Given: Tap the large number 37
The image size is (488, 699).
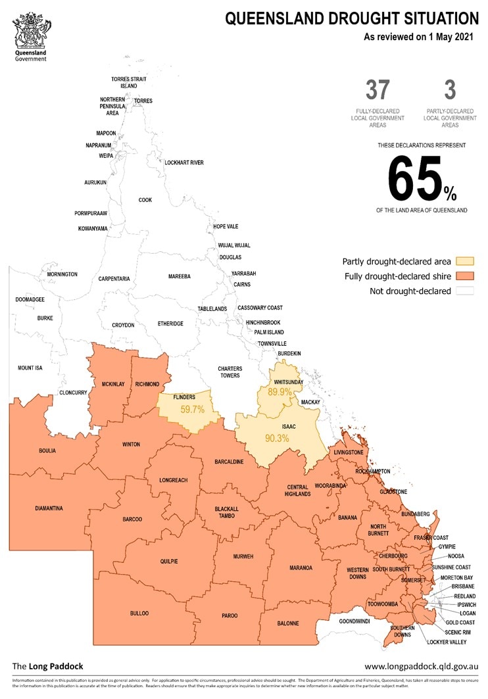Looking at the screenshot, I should coord(378,89).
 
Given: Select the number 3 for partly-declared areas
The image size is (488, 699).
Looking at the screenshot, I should coord(450,89).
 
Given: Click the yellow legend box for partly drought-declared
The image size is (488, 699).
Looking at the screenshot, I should coord(464,260).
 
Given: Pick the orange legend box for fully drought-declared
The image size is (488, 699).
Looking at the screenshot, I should coord(464,276).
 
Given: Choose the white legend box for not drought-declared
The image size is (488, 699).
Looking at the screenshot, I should coord(464,291).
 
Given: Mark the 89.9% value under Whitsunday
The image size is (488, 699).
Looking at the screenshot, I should coord(280,392).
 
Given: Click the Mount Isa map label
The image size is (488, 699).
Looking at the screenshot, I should coord(30,368).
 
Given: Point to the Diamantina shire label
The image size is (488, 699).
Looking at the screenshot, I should coord(49,508).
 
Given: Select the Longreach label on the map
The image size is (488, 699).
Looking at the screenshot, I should coord(173,481).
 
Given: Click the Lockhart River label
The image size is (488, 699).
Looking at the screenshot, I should coord(183,162).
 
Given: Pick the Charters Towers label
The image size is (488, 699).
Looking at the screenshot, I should coord(230,372).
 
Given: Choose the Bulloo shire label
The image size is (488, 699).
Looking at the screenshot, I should coord(139,614).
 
